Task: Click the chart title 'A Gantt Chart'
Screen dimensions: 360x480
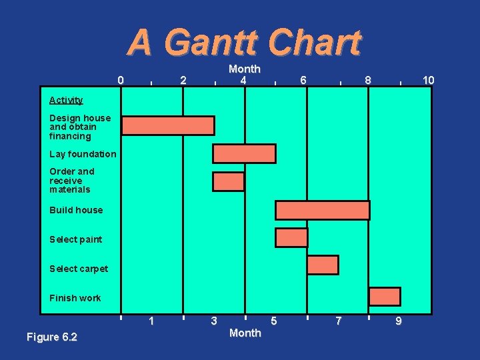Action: point(244,43)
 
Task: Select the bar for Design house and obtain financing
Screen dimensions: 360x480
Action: point(168,125)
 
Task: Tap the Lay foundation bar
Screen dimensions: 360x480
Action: point(244,153)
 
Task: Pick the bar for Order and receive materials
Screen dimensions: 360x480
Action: point(229,181)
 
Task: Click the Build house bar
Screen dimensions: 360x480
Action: point(323,210)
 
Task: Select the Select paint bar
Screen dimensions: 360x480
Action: point(291,237)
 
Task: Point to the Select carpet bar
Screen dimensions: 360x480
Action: point(323,265)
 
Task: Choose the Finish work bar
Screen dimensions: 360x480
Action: point(385,297)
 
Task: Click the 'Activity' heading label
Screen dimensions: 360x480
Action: point(66,100)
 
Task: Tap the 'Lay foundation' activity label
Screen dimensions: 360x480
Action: point(83,154)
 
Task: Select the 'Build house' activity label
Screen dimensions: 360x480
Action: point(76,210)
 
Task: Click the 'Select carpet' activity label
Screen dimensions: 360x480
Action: point(79,269)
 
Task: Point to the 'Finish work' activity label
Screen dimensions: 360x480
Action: point(75,298)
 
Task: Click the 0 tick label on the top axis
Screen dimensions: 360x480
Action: point(120,81)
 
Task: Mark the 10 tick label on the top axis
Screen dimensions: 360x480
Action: point(429,81)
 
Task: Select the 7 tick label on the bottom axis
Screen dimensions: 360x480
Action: point(339,321)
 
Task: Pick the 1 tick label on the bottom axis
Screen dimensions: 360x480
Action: point(152,321)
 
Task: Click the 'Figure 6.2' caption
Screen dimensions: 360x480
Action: point(52,337)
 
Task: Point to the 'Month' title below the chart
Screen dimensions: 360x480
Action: point(245,333)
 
